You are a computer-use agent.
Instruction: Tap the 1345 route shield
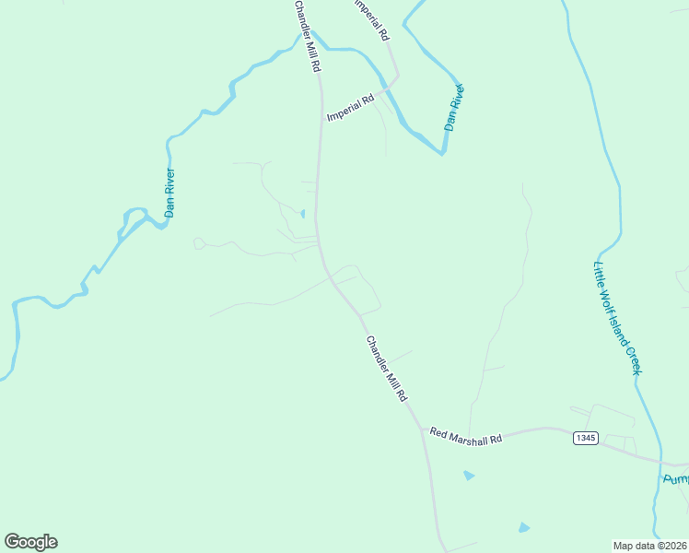click(x=584, y=437)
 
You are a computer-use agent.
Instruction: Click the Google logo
click(x=30, y=542)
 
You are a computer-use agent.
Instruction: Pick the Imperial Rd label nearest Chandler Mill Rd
click(x=350, y=108)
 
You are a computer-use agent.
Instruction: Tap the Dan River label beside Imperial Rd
click(x=455, y=108)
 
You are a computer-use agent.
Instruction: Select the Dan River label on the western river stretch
click(x=169, y=192)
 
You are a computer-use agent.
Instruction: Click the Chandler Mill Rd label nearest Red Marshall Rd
click(x=387, y=369)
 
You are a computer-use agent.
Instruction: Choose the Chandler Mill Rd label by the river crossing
click(x=307, y=37)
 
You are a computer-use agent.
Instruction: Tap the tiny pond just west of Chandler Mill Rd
click(x=303, y=215)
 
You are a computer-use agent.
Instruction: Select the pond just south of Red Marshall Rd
click(x=469, y=476)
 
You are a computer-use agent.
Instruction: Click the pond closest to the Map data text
click(x=524, y=527)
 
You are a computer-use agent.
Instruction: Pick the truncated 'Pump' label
click(x=675, y=479)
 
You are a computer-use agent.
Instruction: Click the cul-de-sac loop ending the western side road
click(x=198, y=243)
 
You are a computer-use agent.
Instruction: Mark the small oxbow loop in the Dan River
click(x=134, y=218)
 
